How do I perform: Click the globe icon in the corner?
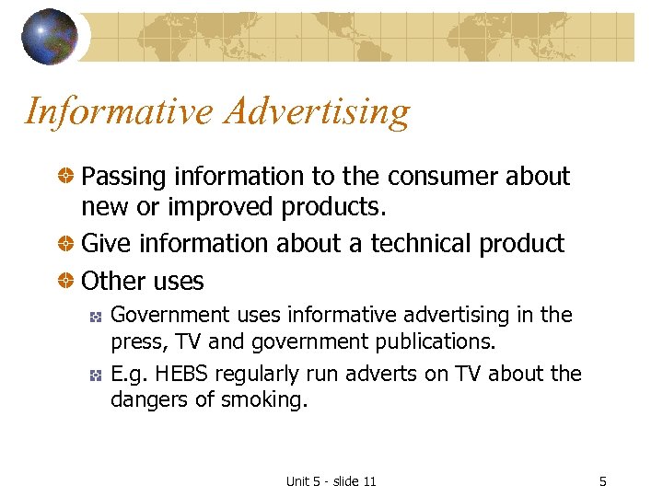50,36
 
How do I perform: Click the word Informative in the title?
118,111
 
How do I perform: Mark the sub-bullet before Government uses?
94,316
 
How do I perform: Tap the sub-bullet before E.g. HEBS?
94,374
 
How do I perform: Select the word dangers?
147,400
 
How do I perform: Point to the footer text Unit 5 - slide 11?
331,481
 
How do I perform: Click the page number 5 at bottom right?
602,481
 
